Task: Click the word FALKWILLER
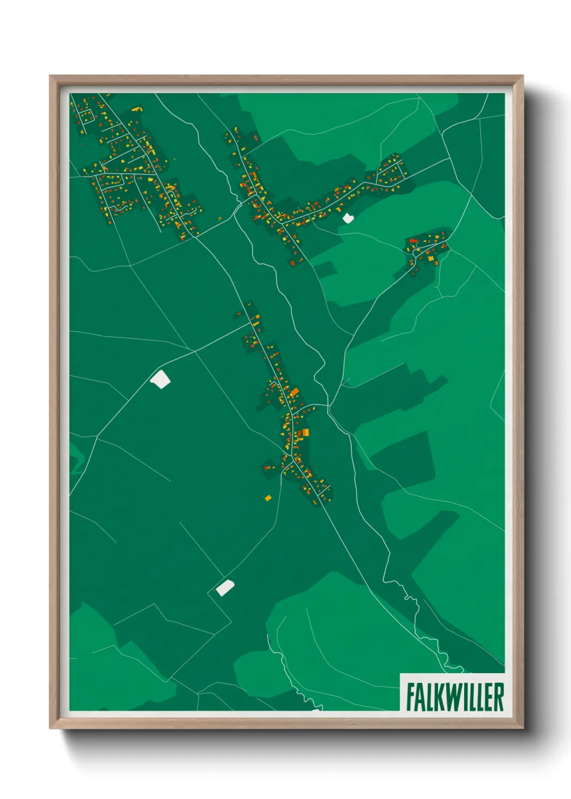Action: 455,696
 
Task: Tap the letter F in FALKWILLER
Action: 411,697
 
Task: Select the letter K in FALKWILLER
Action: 439,697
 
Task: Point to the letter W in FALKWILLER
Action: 453,697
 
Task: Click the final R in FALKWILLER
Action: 499,697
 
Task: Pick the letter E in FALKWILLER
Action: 487,697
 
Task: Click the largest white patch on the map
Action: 160,379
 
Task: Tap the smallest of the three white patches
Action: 347,218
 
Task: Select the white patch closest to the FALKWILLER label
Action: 225,587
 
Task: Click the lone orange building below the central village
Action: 268,497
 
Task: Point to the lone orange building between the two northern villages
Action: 220,218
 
